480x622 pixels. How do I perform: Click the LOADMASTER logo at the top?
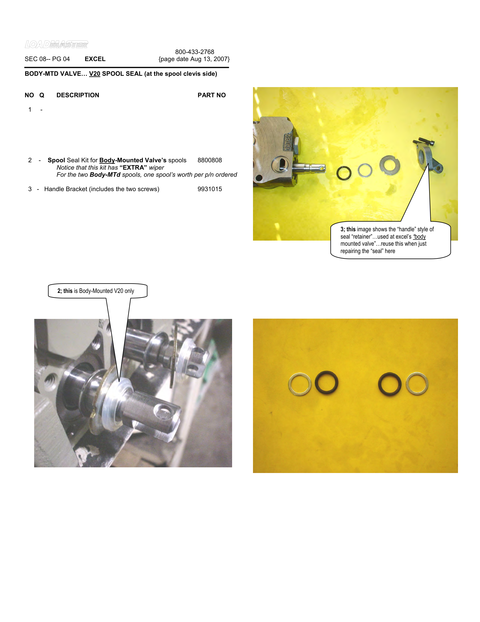pos(56,44)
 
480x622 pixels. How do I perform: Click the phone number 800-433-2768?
pos(195,52)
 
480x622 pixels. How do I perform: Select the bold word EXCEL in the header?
pos(95,59)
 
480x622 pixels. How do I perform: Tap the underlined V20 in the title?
pos(94,74)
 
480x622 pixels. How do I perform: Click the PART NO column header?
pos(211,95)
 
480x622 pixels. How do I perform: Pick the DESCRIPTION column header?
pos(78,95)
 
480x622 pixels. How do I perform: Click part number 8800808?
pos(210,160)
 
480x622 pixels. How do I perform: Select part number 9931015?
pos(210,189)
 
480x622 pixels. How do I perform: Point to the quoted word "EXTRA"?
pos(133,167)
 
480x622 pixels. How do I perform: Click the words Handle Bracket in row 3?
pos(66,189)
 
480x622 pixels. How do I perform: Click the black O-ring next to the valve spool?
pos(344,173)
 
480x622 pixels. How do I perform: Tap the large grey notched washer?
pos(389,165)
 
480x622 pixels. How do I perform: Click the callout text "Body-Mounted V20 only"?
pos(106,291)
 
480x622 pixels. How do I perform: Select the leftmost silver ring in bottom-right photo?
pos(299,384)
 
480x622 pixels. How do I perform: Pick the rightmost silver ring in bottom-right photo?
pos(417,383)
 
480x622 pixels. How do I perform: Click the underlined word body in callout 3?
pos(420,237)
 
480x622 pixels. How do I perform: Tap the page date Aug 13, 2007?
pos(194,59)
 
